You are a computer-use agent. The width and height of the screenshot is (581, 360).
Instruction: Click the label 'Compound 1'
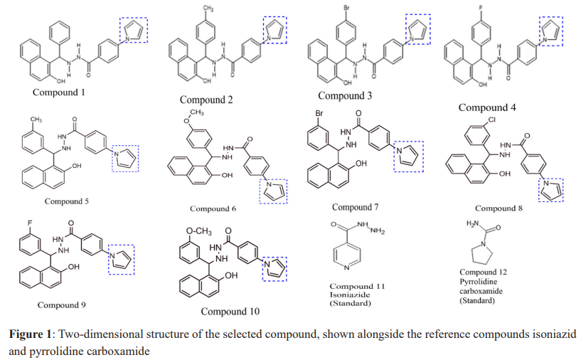coord(58,92)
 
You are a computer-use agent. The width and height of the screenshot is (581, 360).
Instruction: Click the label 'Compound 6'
coord(213,208)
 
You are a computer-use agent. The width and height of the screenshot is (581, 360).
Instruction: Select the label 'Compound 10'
coord(230,311)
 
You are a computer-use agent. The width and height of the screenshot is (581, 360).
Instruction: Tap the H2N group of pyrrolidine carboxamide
coord(470,225)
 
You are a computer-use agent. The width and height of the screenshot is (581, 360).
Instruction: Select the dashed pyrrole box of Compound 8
coord(551,189)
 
